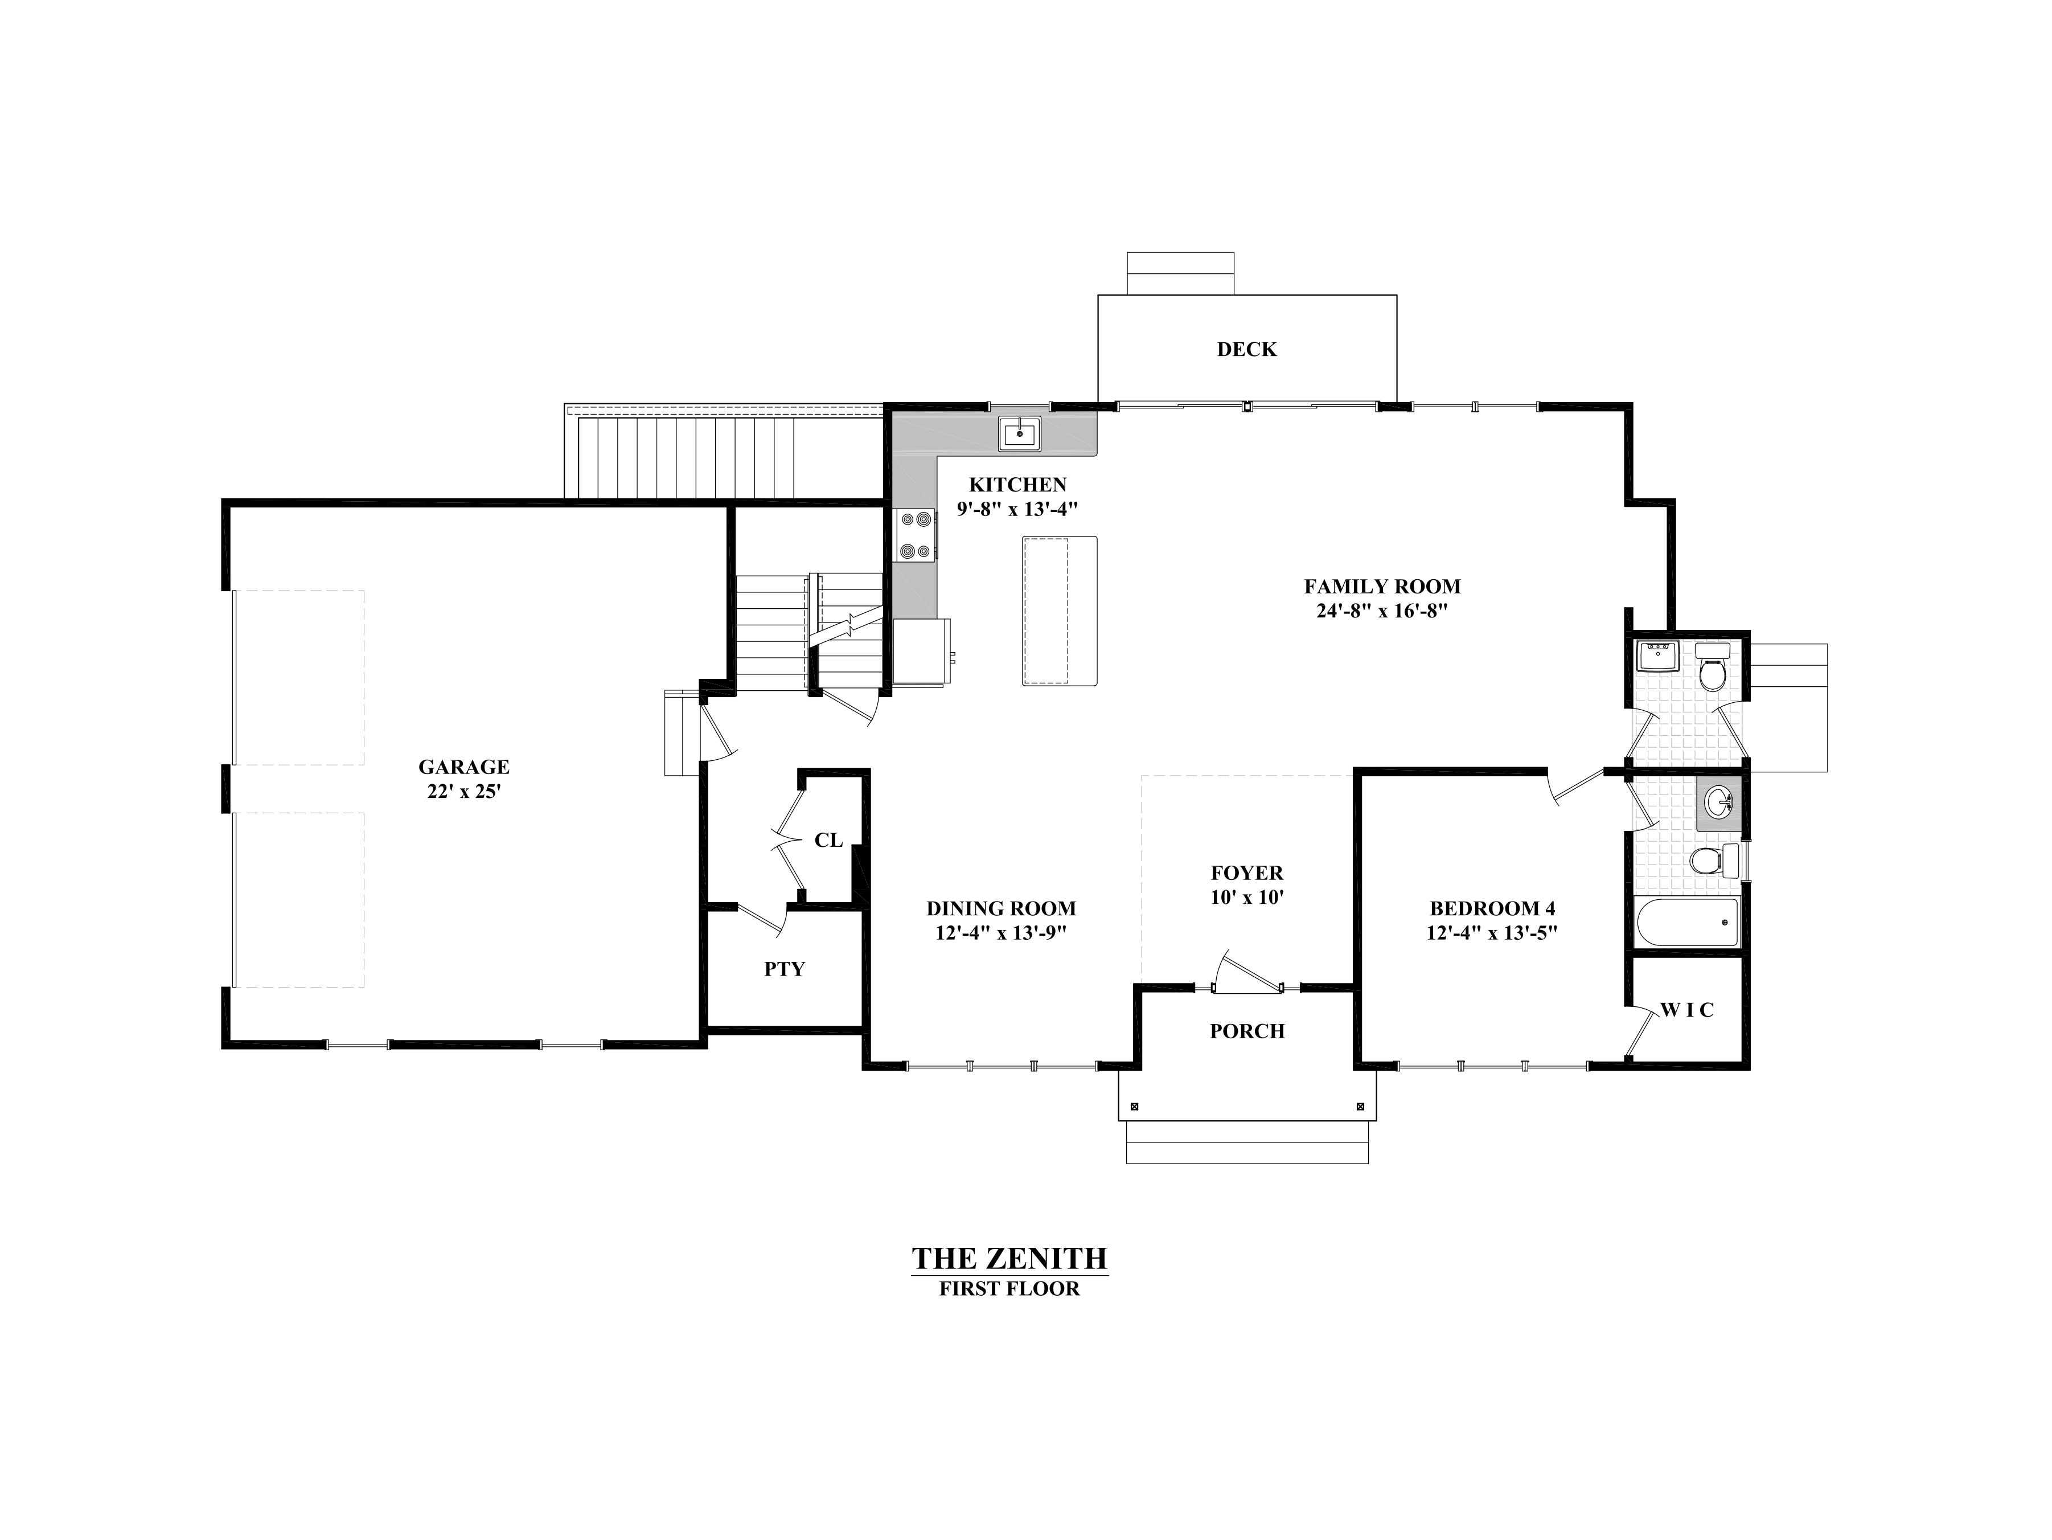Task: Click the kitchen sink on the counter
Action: pos(1020,433)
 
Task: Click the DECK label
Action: pos(1247,349)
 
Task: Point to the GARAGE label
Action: pos(464,766)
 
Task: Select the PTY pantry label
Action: pos(784,969)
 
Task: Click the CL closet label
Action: pos(828,839)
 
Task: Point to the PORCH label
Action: pos(1247,1031)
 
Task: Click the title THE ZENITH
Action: pos(1009,1258)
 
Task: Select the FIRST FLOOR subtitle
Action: pos(1009,1289)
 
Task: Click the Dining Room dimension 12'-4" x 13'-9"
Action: pos(1001,932)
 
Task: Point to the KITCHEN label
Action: pos(1017,484)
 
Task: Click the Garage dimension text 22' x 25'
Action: pos(464,791)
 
